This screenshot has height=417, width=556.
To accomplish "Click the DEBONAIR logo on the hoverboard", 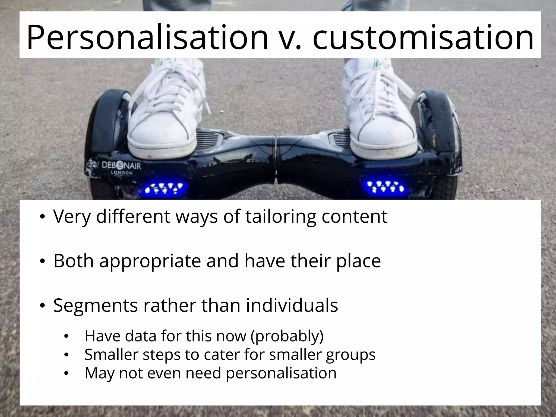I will pos(121,165).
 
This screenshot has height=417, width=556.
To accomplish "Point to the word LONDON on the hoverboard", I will pos(121,173).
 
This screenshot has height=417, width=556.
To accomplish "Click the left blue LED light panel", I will pos(166,188).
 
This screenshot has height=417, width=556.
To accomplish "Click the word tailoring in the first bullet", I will pos(281,216).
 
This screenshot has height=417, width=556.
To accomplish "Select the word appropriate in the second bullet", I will pos(150,261).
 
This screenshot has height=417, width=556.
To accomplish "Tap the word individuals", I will pos(292,305).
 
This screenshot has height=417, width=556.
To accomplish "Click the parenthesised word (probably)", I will pos(287,336).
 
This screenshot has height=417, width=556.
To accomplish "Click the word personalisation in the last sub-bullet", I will pos(281,373).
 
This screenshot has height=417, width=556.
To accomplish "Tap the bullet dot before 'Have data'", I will pos(66,337).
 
